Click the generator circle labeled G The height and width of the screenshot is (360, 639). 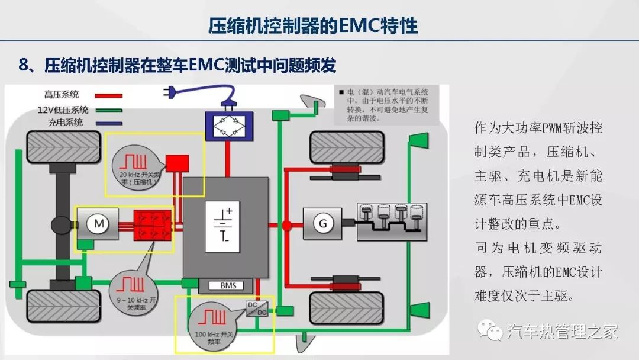[x=323, y=223]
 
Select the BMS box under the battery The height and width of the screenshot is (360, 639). [x=228, y=286]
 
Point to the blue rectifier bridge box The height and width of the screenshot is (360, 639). [x=228, y=124]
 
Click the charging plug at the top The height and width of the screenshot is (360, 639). [x=173, y=92]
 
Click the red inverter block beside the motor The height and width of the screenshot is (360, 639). [x=153, y=223]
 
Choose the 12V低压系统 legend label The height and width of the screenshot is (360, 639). [x=63, y=109]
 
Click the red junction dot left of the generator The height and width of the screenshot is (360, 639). [x=287, y=225]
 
